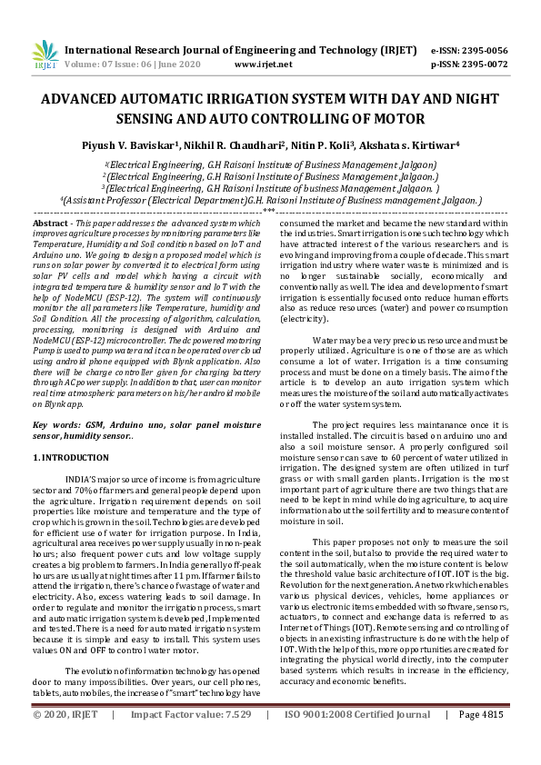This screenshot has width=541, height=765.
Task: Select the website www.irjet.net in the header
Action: tap(263, 65)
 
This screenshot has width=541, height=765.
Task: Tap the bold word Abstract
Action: tap(50, 223)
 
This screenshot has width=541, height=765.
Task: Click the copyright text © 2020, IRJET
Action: tap(68, 740)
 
